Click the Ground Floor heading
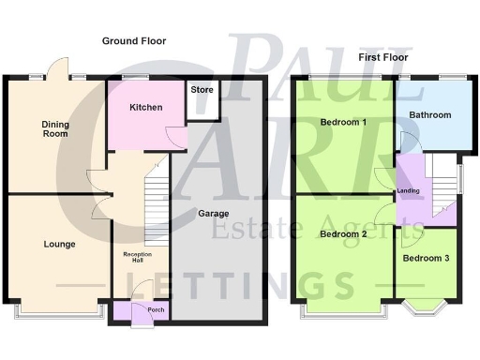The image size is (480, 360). [x=134, y=41]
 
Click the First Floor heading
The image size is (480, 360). [x=382, y=57]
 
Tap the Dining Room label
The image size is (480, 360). [x=55, y=129]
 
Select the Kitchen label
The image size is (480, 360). [x=146, y=108]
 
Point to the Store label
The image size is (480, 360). [x=202, y=91]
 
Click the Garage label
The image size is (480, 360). [x=214, y=213]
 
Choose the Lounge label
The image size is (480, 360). [x=59, y=245]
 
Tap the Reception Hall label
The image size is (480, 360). [x=138, y=259]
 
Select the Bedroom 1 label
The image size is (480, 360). [x=343, y=123]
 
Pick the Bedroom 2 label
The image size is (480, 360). [x=342, y=234]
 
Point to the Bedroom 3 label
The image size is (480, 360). [x=426, y=258]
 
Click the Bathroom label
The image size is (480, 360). [x=430, y=115]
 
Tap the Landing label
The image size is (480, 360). [x=409, y=192]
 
